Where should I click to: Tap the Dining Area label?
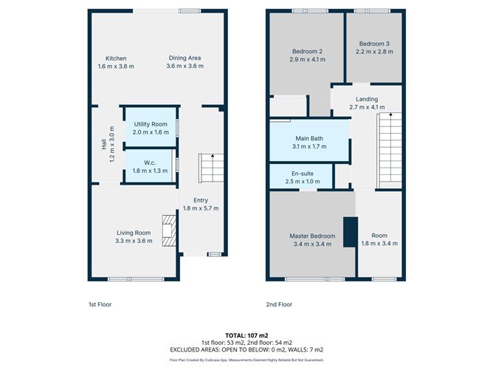(184, 58)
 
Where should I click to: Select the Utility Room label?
(151, 123)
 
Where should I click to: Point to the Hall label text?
(103, 145)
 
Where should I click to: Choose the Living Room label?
(134, 232)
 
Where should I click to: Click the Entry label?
(201, 200)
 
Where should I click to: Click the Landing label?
(367, 99)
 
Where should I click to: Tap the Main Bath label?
(308, 138)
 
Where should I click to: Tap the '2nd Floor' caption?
(280, 304)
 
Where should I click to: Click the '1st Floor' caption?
(100, 304)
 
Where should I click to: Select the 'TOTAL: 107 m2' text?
(246, 335)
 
